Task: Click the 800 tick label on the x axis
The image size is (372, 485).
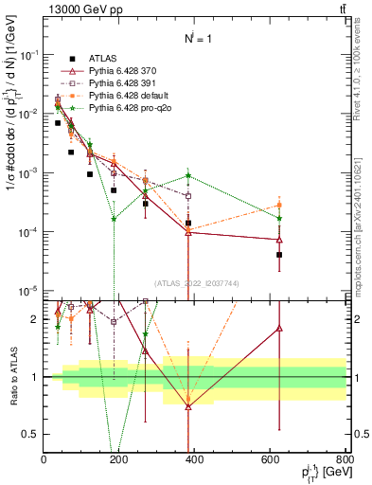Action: coord(345,460)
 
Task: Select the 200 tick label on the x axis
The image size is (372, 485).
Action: coord(119,460)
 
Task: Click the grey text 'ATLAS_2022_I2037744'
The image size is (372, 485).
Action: coord(194,281)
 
